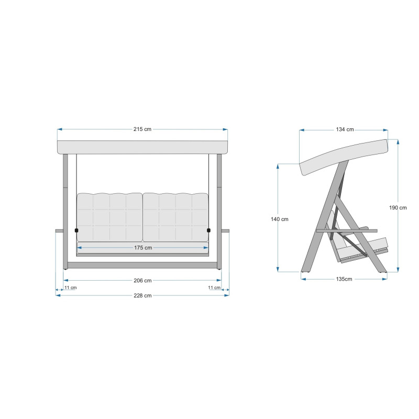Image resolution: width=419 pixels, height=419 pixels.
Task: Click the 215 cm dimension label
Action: pyautogui.click(x=142, y=129)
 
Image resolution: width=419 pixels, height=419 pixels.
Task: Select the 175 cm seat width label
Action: pyautogui.click(x=143, y=248)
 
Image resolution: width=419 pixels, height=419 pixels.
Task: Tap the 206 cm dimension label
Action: pyautogui.click(x=142, y=281)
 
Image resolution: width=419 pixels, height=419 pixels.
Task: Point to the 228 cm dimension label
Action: pyautogui.click(x=142, y=295)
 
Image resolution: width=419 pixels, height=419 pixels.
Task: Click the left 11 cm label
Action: pyautogui.click(x=71, y=288)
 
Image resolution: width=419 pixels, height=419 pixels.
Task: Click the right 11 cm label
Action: pyautogui.click(x=214, y=288)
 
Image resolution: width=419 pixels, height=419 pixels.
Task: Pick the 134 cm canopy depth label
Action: pyautogui.click(x=345, y=129)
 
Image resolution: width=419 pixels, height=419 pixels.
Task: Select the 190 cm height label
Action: pyautogui.click(x=398, y=207)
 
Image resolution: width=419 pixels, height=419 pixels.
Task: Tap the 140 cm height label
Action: pyautogui.click(x=280, y=219)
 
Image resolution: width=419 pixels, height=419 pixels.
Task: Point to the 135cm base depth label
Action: pyautogui.click(x=344, y=279)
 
